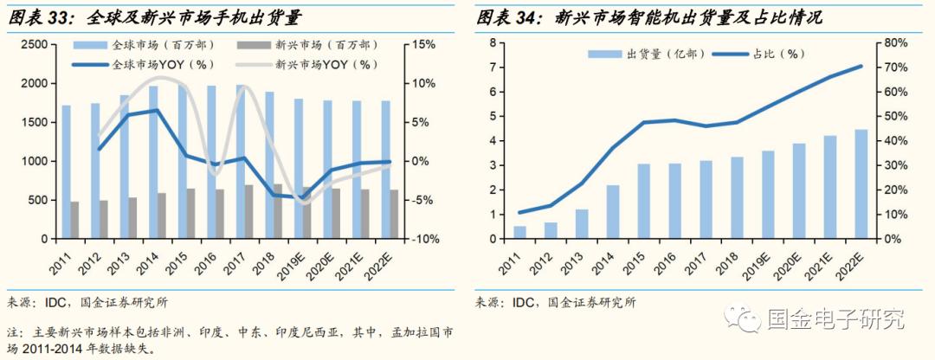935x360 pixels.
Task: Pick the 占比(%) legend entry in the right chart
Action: pos(761,54)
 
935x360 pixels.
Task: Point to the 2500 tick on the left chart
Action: pos(34,44)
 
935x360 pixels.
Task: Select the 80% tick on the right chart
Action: pos(895,42)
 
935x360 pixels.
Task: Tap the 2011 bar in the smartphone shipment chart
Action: pos(520,233)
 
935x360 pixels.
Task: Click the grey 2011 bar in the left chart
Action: pos(74,220)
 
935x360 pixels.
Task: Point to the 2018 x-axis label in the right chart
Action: pos(733,259)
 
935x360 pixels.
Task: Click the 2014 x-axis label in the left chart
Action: pos(151,259)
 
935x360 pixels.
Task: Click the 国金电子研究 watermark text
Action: pos(835,318)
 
